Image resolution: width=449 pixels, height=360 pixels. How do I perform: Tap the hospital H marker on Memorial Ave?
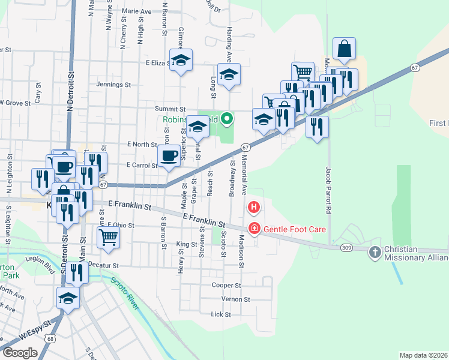[254, 208]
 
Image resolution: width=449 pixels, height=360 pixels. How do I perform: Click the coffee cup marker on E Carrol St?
[169, 156]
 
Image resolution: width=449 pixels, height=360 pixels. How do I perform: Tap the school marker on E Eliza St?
[181, 60]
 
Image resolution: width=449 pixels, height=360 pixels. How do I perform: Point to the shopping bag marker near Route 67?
[344, 49]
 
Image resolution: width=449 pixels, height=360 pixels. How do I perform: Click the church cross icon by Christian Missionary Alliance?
[375, 251]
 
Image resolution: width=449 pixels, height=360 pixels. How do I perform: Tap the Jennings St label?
[113, 85]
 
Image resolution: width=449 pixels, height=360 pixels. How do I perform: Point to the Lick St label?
[221, 314]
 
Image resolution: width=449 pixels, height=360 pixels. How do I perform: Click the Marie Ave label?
[136, 11]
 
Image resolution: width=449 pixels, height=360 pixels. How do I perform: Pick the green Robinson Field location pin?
[226, 119]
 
